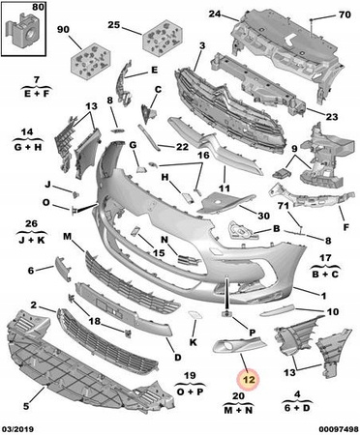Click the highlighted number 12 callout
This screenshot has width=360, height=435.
click(249, 380)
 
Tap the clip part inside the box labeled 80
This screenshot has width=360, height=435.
click(24, 30)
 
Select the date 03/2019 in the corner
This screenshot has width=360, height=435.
click(18, 429)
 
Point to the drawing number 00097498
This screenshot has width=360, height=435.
click(339, 429)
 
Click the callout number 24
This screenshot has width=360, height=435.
click(215, 14)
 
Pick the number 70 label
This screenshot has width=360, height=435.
click(345, 14)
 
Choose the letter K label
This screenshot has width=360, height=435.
click(193, 342)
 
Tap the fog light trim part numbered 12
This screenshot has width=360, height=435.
click(239, 343)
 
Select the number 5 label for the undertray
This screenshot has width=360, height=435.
click(26, 406)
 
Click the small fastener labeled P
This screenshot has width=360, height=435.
click(226, 313)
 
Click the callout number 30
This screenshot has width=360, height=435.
click(263, 216)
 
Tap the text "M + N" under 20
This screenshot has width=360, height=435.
click(239, 410)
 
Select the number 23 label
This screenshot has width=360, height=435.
click(331, 116)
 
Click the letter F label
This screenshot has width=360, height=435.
click(346, 227)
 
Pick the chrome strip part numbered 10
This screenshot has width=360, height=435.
click(278, 309)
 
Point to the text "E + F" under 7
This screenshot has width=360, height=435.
click(37, 94)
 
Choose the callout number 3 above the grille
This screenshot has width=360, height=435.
click(202, 45)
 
